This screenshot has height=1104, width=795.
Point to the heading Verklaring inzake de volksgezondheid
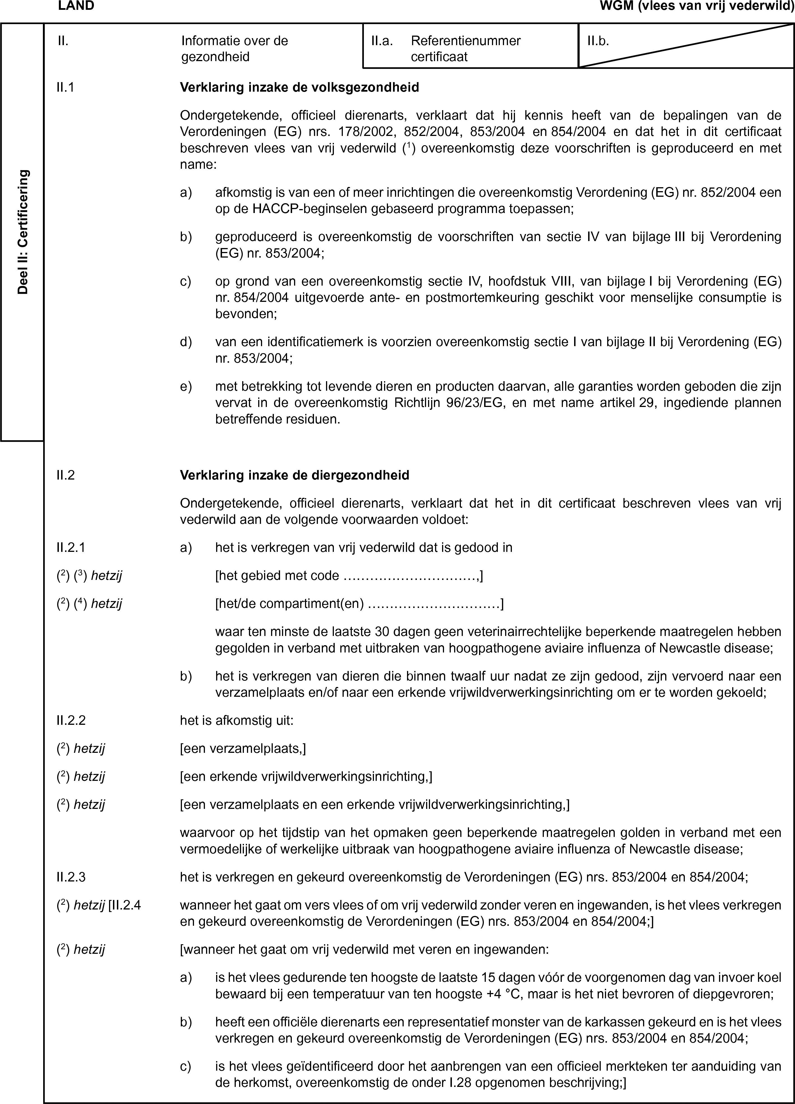(299, 88)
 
